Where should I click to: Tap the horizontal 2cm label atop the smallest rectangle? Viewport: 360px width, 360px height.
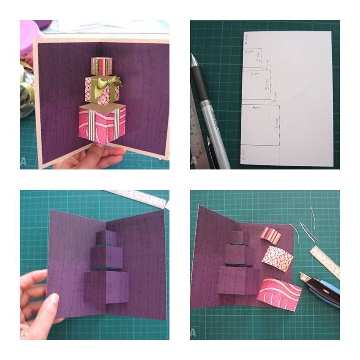[x=249, y=52]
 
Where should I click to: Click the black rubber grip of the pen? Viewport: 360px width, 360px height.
[x=197, y=81]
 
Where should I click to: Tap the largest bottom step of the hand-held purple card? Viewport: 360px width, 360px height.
[x=106, y=286]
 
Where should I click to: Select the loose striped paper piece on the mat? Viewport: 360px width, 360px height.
[x=271, y=235]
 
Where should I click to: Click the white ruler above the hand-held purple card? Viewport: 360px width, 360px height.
[x=139, y=198]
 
